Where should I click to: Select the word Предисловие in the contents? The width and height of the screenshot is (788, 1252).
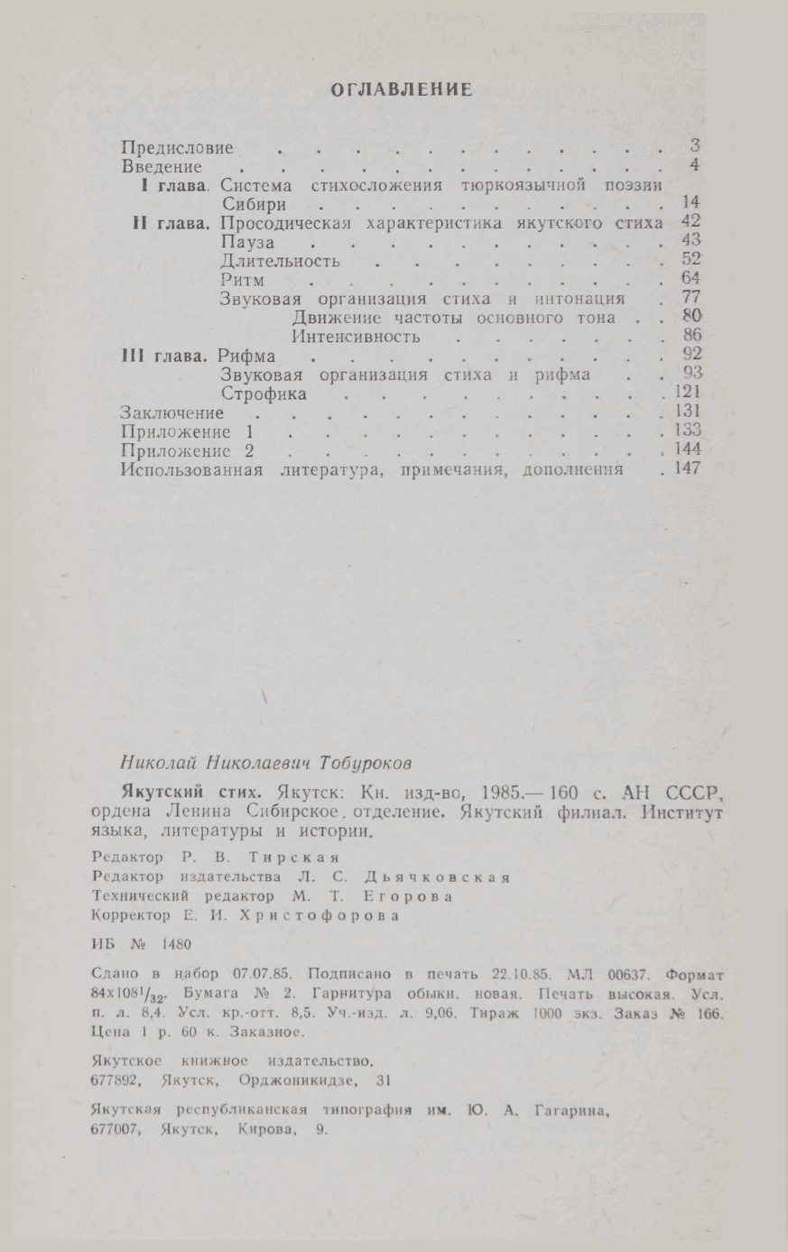click(x=178, y=148)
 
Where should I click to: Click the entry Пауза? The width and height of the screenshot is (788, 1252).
click(x=247, y=243)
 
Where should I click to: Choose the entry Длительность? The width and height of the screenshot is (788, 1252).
click(x=280, y=262)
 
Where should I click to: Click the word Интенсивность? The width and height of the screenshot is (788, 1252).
click(x=356, y=337)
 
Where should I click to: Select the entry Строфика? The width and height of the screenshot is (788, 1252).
click(x=264, y=394)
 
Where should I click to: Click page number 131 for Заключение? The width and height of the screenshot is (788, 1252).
click(x=687, y=413)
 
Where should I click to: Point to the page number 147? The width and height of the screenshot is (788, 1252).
click(x=687, y=469)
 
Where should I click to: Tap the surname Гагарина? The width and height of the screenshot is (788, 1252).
click(x=568, y=1112)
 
